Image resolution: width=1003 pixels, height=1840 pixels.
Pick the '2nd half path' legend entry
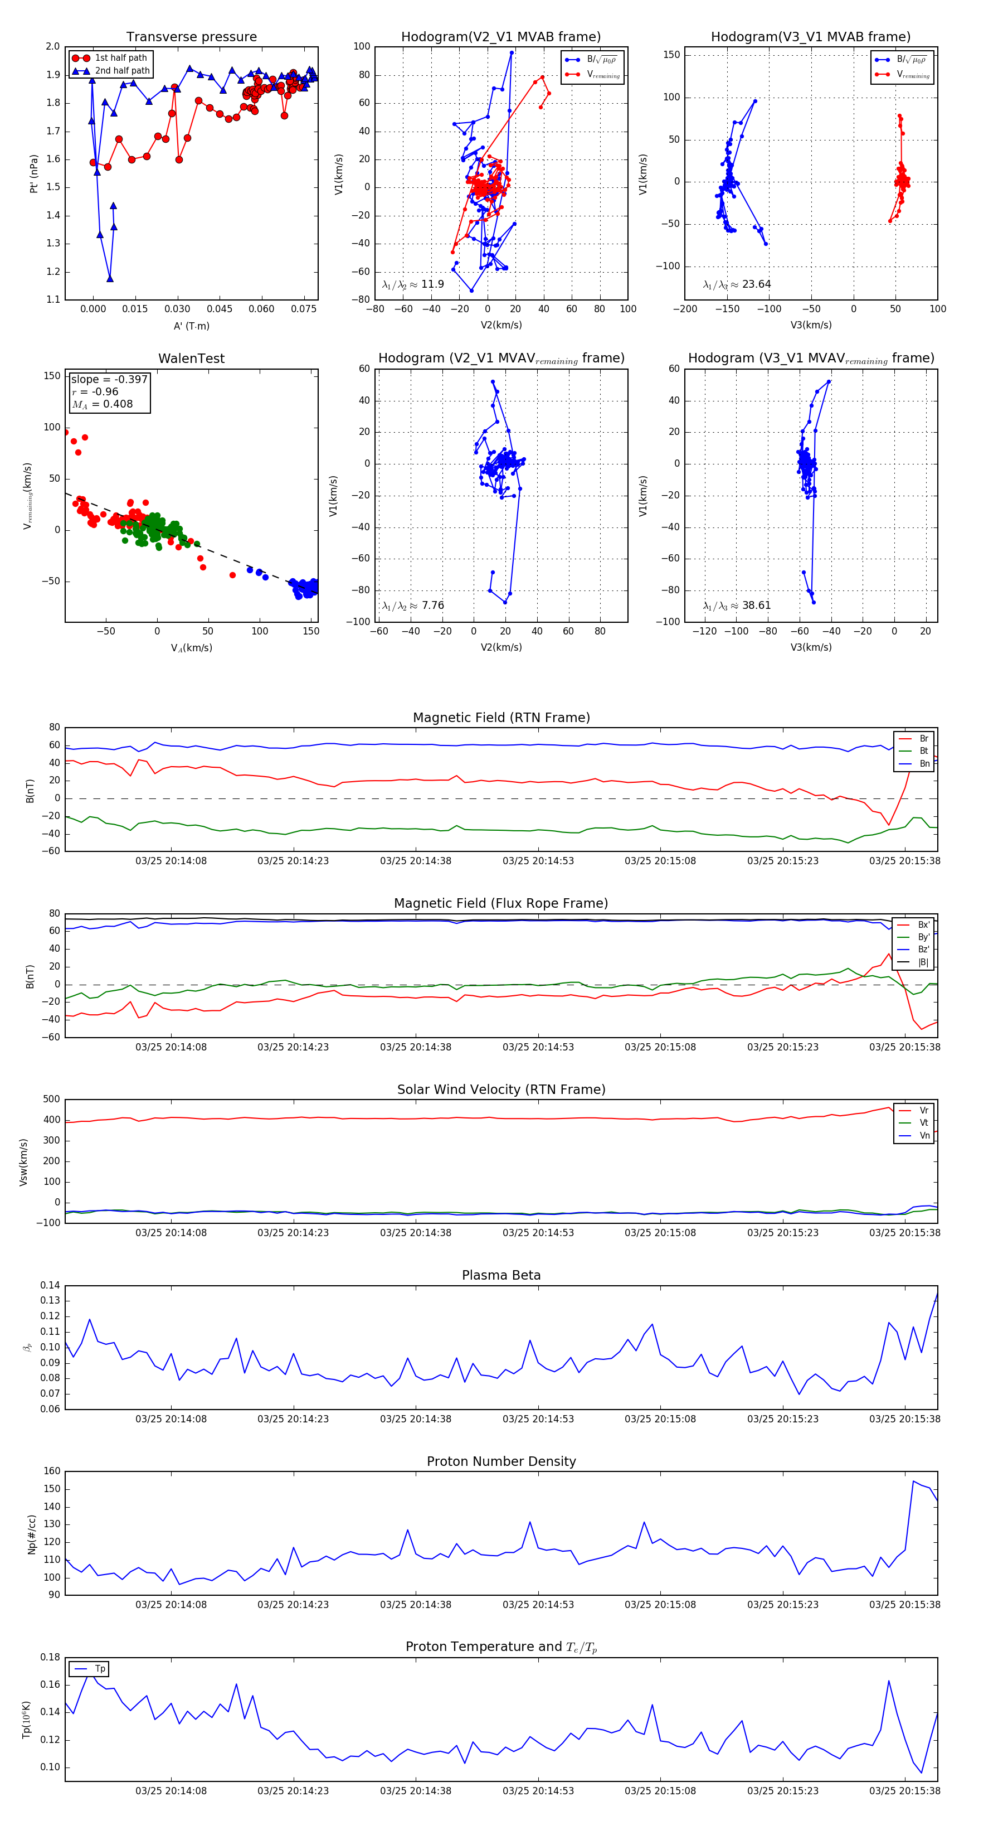[122, 71]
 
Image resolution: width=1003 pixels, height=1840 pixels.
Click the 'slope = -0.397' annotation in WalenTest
[109, 379]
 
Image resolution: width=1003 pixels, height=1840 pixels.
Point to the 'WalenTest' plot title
[191, 359]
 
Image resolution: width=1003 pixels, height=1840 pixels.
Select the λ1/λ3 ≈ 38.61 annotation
[737, 606]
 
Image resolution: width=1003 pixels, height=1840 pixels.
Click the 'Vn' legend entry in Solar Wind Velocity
[924, 1136]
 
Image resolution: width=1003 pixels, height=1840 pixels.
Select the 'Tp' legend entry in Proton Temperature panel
[100, 1669]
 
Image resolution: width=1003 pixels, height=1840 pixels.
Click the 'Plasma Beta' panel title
[501, 1276]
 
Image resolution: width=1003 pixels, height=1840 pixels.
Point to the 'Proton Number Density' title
[501, 1461]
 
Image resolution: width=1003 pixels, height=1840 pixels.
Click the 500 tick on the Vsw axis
[51, 1100]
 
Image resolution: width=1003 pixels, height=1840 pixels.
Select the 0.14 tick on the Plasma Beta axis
[50, 1286]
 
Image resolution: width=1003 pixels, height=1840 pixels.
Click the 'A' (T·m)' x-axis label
[191, 326]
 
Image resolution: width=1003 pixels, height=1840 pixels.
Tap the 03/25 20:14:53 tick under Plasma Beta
[538, 1418]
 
